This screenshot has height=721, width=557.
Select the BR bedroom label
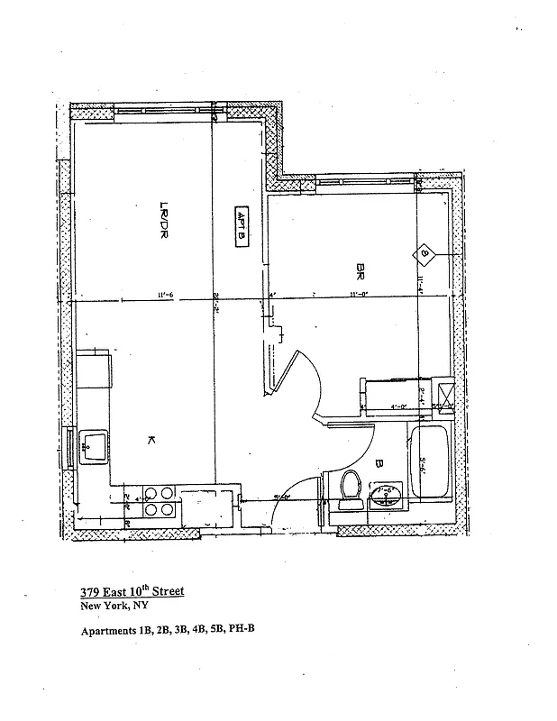[361, 269]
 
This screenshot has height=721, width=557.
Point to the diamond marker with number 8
[425, 255]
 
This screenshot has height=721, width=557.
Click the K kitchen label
[151, 439]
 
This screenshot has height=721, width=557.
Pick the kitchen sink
[94, 444]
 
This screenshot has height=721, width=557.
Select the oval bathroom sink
[388, 495]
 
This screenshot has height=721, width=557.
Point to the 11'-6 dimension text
[165, 293]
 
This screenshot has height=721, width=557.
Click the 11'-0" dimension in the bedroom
[359, 293]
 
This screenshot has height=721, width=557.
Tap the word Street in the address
[164, 591]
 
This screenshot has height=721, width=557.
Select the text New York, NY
[108, 606]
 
